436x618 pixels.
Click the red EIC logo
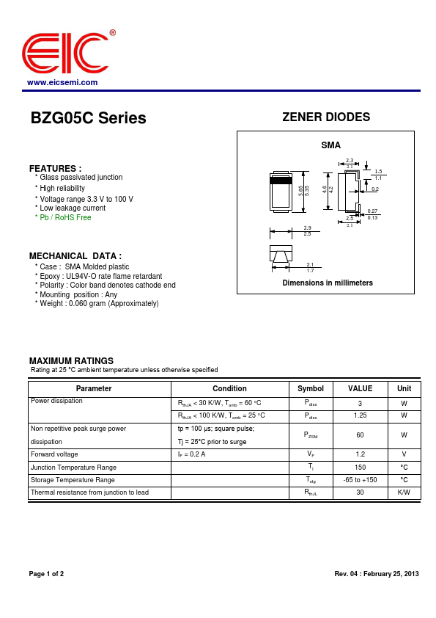(65, 54)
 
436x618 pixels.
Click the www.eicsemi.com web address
(62, 82)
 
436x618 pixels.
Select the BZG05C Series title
(88, 118)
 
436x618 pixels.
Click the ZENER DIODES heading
(326, 117)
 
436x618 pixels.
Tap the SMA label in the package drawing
(330, 145)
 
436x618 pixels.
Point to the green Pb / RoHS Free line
(64, 218)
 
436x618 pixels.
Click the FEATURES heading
(55, 168)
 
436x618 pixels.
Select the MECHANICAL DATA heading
(75, 255)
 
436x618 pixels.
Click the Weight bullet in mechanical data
(98, 304)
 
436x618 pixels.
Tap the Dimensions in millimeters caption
(328, 283)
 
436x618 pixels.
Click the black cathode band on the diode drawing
(281, 180)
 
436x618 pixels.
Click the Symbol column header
(311, 388)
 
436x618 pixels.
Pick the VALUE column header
(360, 388)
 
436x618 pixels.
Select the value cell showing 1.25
(360, 415)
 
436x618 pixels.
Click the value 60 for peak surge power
(360, 435)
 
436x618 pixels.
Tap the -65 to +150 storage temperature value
(360, 480)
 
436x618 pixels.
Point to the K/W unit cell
(404, 492)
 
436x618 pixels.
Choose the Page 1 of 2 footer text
(46, 573)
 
